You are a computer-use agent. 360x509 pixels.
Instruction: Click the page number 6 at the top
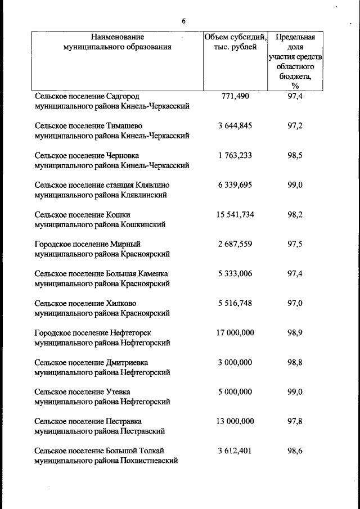[183, 21]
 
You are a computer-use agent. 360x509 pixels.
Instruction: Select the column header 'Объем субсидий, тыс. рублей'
[235, 42]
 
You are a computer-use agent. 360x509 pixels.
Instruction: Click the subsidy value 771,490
[235, 96]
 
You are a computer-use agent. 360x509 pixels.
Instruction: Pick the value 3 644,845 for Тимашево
[235, 126]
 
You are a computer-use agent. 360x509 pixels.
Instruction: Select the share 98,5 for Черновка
[295, 155]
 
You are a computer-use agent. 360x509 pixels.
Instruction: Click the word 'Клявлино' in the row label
[152, 185]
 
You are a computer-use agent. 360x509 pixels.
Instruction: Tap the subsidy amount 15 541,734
[235, 214]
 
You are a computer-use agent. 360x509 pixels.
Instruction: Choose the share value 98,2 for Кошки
[295, 214]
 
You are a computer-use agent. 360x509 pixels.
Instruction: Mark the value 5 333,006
[235, 273]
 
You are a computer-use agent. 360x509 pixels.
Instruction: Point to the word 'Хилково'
[121, 303]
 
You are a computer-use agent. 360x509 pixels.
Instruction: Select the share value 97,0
[295, 303]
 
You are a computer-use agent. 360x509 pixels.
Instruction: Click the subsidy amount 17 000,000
[235, 332]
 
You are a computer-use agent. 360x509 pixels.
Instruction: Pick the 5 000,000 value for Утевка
[235, 391]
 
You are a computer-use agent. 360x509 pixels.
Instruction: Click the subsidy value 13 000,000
[235, 421]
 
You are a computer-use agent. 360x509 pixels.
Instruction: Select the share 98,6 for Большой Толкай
[295, 451]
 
